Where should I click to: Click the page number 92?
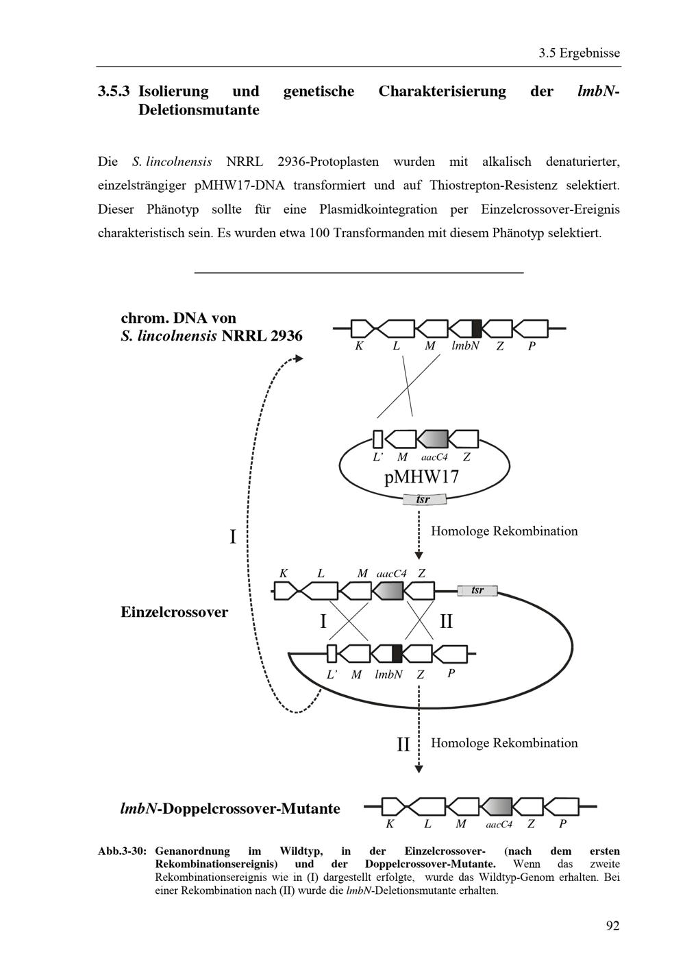612,925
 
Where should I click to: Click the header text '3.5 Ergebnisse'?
579,53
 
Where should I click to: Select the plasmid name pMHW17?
422,477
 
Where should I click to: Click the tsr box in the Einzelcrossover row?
477,590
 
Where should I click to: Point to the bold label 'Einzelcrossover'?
174,612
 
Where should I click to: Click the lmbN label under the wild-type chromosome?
465,346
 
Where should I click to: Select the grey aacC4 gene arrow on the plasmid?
432,439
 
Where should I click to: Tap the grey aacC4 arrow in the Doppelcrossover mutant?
497,807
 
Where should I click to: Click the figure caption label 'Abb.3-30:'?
122,851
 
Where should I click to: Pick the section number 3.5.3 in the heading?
114,92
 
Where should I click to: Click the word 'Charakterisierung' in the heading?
442,92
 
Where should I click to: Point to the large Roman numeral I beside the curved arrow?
233,537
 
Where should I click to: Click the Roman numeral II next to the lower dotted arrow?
403,744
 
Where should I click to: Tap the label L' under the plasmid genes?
378,457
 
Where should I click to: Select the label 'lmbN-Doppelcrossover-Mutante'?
230,808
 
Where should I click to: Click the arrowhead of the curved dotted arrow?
298,359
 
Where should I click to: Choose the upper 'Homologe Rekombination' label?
504,531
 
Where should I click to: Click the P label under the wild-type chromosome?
532,346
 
